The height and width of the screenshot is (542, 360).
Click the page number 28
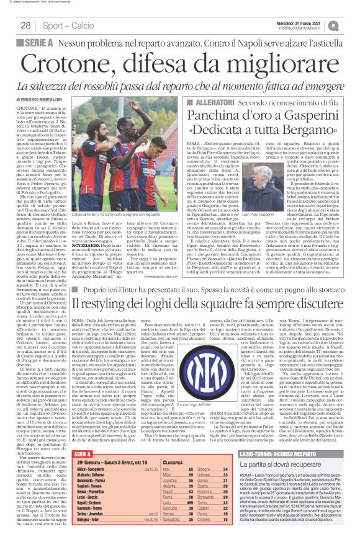pos(27,25)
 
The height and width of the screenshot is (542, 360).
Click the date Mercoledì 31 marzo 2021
pos(308,22)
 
